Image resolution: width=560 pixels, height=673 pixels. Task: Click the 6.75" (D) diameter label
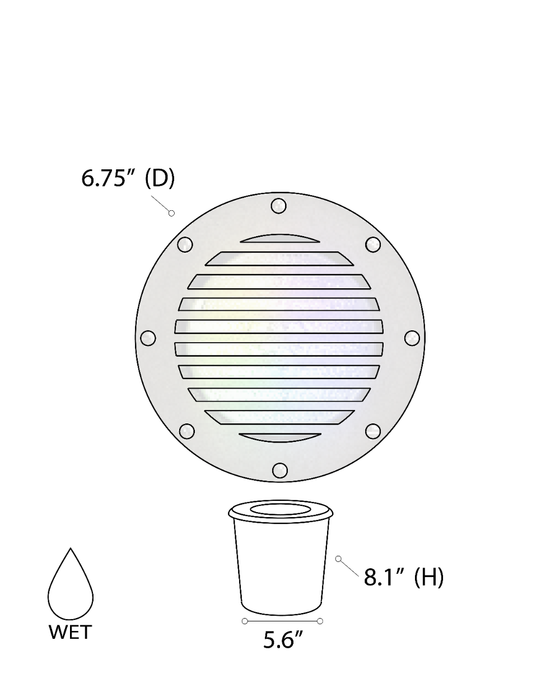[x=128, y=178]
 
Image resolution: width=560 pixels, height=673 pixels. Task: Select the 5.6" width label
[x=283, y=640]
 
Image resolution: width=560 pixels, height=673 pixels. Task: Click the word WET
[x=70, y=633]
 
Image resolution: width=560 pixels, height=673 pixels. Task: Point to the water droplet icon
[x=71, y=584]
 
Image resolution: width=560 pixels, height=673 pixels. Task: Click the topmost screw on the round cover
[x=278, y=206]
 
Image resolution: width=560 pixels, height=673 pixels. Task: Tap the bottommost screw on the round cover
[x=279, y=471]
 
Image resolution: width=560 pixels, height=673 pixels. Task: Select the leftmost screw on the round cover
[x=148, y=338]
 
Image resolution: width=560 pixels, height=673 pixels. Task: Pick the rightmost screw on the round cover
[x=412, y=338]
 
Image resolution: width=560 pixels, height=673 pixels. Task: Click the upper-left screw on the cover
[x=185, y=245]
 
